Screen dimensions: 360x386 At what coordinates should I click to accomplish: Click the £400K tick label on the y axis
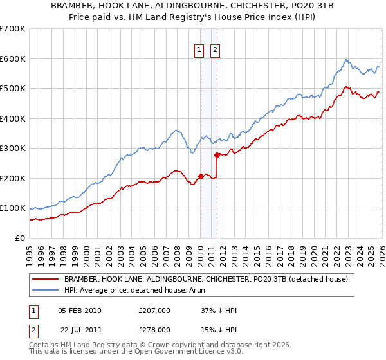(x=12, y=118)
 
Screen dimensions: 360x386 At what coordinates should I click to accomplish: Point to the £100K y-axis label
(x=12, y=208)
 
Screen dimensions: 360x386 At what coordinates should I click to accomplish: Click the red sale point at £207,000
(x=201, y=176)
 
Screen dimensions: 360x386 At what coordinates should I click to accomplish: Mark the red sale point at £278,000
(x=217, y=155)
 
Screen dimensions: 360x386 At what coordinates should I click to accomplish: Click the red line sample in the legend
(x=46, y=279)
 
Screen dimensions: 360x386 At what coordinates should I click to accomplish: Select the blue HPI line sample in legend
(x=46, y=290)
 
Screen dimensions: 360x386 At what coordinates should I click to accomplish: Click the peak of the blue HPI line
(x=345, y=60)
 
